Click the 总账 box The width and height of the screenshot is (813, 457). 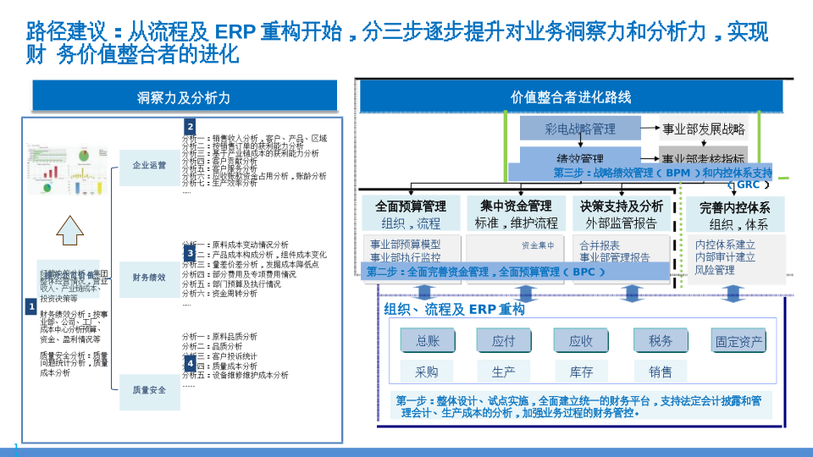(x=428, y=340)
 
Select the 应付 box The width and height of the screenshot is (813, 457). (x=503, y=340)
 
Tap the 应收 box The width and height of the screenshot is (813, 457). (x=581, y=340)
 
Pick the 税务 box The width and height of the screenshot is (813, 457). (x=661, y=340)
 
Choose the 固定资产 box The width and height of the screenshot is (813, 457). (x=739, y=342)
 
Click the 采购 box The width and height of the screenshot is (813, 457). (x=427, y=372)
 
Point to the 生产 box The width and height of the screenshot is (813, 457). (x=503, y=372)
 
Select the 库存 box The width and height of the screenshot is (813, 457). (x=581, y=372)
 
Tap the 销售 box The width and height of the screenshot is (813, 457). (x=661, y=372)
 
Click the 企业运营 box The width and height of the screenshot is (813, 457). (x=149, y=166)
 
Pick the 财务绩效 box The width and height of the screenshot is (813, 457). (x=149, y=277)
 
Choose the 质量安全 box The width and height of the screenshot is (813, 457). (x=149, y=390)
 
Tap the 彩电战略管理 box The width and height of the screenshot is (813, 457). (x=580, y=129)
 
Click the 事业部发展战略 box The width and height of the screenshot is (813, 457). (x=704, y=129)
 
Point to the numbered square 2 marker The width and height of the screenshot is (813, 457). (x=191, y=127)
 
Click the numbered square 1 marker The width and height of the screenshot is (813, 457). (x=30, y=306)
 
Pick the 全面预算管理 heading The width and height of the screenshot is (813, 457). (x=411, y=206)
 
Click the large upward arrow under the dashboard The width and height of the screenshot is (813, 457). (x=72, y=229)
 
